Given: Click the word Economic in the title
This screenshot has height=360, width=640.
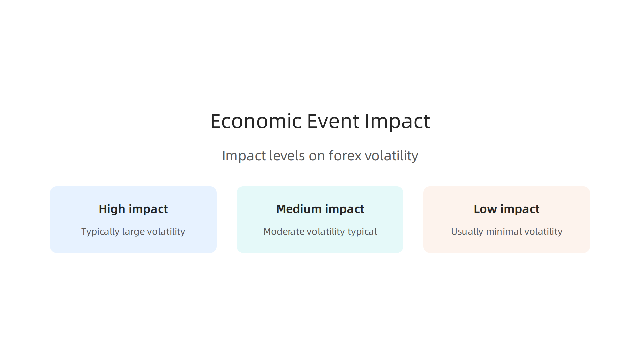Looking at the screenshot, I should point(256,121).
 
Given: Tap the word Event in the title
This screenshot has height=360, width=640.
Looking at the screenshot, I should point(333,121).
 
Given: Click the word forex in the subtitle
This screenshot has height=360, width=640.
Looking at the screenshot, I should point(345,156).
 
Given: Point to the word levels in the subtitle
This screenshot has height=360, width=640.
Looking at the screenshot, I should point(287,156).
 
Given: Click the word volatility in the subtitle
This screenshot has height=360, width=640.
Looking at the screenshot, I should point(391,156).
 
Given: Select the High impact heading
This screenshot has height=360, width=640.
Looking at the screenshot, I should point(133,209).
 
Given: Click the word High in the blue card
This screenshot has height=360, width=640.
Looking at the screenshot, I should point(112,209).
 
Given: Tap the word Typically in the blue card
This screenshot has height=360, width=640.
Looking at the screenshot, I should point(100,232).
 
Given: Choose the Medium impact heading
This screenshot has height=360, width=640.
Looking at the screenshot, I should point(320,209).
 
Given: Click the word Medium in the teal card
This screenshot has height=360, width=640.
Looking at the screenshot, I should point(299,209).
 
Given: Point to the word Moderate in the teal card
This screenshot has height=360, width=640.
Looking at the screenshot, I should point(284,231).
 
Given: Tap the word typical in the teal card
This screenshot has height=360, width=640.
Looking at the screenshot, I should point(362,232).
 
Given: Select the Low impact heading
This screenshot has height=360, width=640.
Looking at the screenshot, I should point(506,209).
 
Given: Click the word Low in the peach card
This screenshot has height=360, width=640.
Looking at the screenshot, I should point(485,209).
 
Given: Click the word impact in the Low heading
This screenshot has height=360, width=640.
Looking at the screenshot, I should point(520,209).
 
